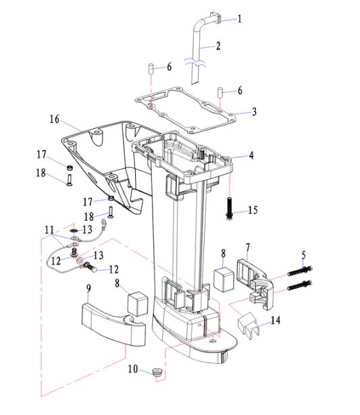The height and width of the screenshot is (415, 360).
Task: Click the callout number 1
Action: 240,19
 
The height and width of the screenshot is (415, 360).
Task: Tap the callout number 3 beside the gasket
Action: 255,111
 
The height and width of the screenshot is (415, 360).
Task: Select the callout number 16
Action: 55,119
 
